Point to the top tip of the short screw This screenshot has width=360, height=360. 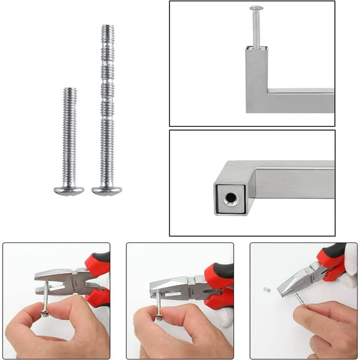pos(69,90)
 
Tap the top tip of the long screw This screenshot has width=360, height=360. pos(107,27)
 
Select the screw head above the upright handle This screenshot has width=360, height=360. pos(256,9)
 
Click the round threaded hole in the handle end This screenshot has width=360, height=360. pos(231,199)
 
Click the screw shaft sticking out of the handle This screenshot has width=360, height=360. pos(256,28)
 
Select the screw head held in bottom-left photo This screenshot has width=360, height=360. pos(45,311)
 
